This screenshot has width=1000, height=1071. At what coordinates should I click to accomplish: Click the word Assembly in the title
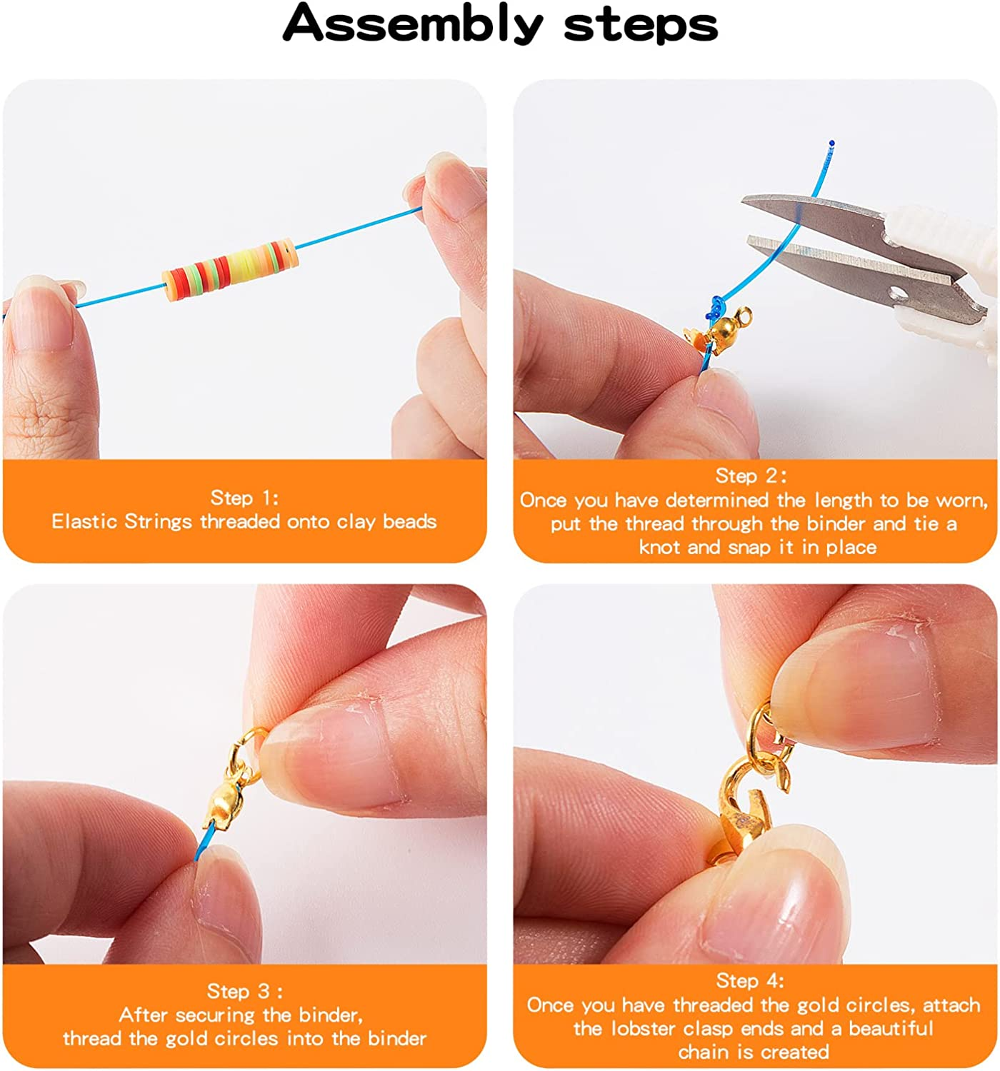point(412,25)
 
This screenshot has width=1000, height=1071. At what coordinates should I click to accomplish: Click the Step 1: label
point(244,497)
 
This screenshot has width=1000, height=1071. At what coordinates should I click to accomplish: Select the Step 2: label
point(751,475)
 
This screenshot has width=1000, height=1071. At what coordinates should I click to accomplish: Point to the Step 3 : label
point(244,990)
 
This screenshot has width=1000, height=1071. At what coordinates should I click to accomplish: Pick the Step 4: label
point(750,980)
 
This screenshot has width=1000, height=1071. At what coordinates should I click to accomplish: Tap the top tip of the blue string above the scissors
point(831,143)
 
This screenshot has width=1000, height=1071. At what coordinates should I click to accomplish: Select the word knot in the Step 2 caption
point(660,548)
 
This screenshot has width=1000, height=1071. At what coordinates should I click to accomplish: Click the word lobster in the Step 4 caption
point(644,1028)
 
